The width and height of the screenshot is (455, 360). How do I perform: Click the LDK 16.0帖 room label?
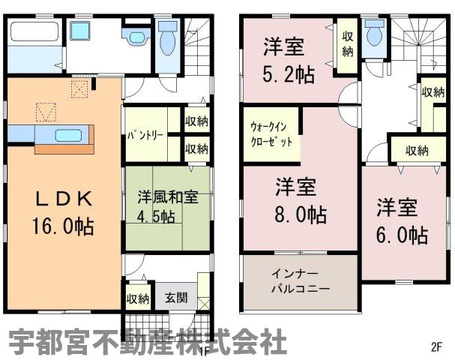pyautogui.click(x=63, y=212)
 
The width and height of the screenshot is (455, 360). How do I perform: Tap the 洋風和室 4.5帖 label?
pyautogui.click(x=167, y=207)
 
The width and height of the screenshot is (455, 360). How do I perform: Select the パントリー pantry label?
pyautogui.click(x=145, y=136)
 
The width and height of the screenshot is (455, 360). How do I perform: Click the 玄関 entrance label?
pyautogui.click(x=176, y=298)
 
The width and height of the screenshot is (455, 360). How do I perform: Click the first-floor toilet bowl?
pyautogui.click(x=168, y=38)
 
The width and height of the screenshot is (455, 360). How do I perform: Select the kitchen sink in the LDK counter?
pyautogui.click(x=68, y=135)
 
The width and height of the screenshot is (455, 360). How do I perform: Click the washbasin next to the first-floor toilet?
pyautogui.click(x=136, y=36)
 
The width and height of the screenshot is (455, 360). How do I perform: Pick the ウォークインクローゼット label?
pyautogui.click(x=271, y=134)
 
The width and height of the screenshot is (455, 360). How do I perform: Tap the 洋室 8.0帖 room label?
pyautogui.click(x=301, y=201)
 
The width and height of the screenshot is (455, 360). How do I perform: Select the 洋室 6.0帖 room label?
pyautogui.click(x=402, y=220)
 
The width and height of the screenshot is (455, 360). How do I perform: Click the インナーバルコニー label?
pyautogui.click(x=300, y=281)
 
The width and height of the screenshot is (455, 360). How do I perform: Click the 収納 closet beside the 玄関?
pyautogui.click(x=138, y=298)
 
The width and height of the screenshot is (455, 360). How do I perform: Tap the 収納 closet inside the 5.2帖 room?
pyautogui.click(x=347, y=44)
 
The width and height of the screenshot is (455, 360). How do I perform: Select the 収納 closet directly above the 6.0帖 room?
pyautogui.click(x=417, y=151)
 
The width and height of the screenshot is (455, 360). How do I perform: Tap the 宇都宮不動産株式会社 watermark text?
pyautogui.click(x=148, y=342)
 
